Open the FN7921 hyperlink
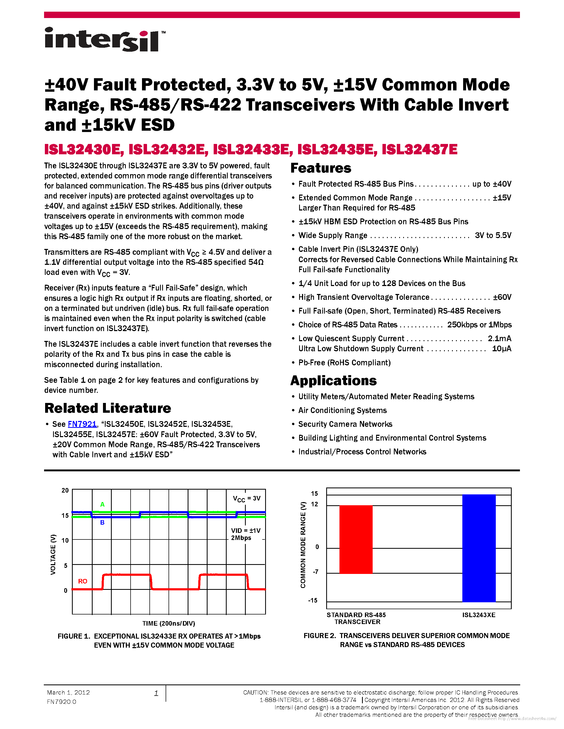point(82,424)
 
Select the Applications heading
point(333,380)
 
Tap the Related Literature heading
point(107,408)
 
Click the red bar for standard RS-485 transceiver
point(356,539)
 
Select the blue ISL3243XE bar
point(479,548)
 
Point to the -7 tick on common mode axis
point(315,572)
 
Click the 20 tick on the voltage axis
point(65,490)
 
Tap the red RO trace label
point(83,581)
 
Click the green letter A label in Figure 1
point(102,504)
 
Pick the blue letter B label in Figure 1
point(102,522)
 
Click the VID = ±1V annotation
point(246,530)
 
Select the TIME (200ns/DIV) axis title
point(169,623)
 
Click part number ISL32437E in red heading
point(419,149)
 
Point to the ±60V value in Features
point(502,297)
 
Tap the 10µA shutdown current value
point(502,349)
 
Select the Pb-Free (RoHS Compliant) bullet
point(344,362)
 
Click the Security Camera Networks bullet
point(345,424)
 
